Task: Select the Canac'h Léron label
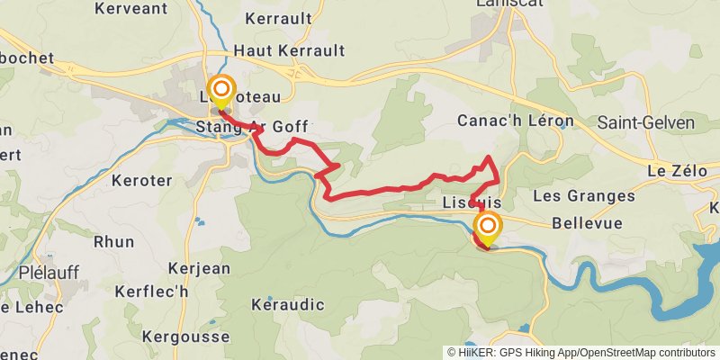[x=516, y=121]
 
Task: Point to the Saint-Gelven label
[x=639, y=121]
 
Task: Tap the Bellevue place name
[x=587, y=222]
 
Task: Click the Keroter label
[x=141, y=180]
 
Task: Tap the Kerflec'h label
[x=151, y=292]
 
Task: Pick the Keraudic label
[x=288, y=304]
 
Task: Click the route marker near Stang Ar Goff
[x=220, y=92]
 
